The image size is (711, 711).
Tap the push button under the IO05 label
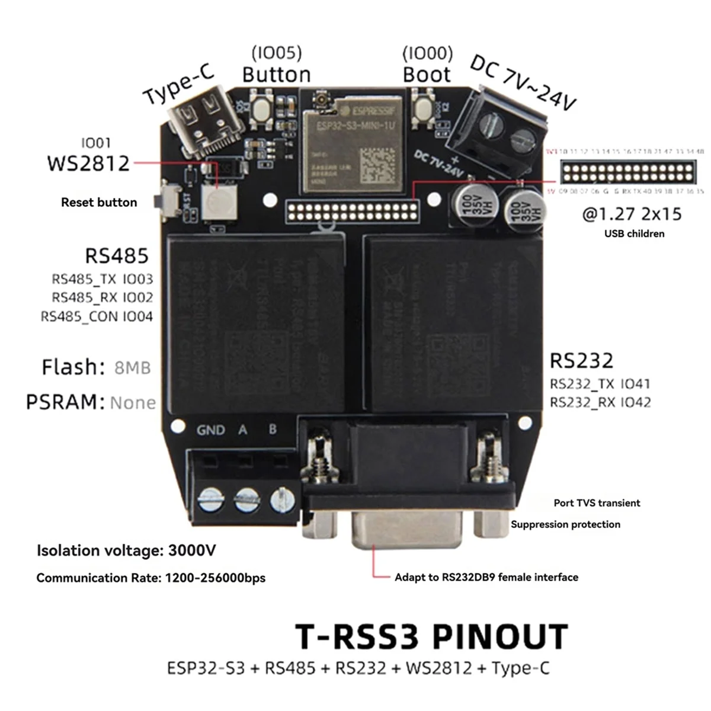pyautogui.click(x=261, y=108)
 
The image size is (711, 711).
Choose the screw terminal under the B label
pyautogui.click(x=283, y=499)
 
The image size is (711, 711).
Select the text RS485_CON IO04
pyautogui.click(x=97, y=316)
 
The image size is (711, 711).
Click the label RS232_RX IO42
pyautogui.click(x=600, y=402)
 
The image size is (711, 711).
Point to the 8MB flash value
pyautogui.click(x=133, y=368)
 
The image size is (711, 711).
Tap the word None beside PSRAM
pyautogui.click(x=133, y=403)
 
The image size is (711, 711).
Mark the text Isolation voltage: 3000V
pyautogui.click(x=126, y=550)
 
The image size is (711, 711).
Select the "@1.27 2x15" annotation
pyautogui.click(x=632, y=214)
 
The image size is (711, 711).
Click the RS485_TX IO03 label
pyautogui.click(x=102, y=279)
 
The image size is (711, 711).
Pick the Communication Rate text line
pyautogui.click(x=151, y=578)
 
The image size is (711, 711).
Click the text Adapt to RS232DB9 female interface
pyautogui.click(x=486, y=577)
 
